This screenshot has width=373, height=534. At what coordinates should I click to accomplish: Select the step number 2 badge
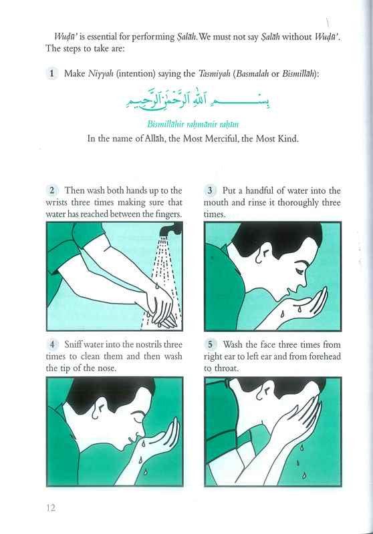52,190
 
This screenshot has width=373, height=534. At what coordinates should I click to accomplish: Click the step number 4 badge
52,344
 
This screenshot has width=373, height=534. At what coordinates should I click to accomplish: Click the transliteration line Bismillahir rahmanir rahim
191,124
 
